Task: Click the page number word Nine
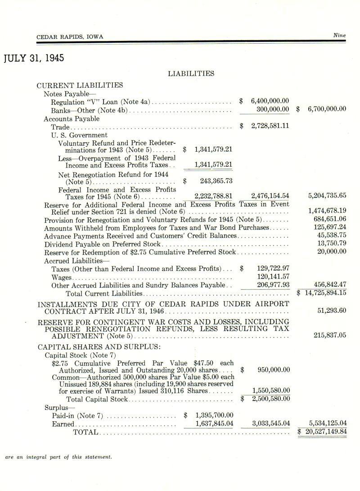[339, 35]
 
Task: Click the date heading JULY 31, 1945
[34, 59]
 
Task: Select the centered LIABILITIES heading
[191, 73]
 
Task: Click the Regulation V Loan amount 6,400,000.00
[270, 101]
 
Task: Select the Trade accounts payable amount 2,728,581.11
[270, 126]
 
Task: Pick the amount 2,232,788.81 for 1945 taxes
[213, 196]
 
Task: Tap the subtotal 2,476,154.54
[270, 196]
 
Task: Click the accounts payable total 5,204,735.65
[327, 196]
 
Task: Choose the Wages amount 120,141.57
[273, 276]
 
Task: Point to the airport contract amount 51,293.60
[331, 311]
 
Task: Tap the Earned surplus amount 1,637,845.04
[214, 423]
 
